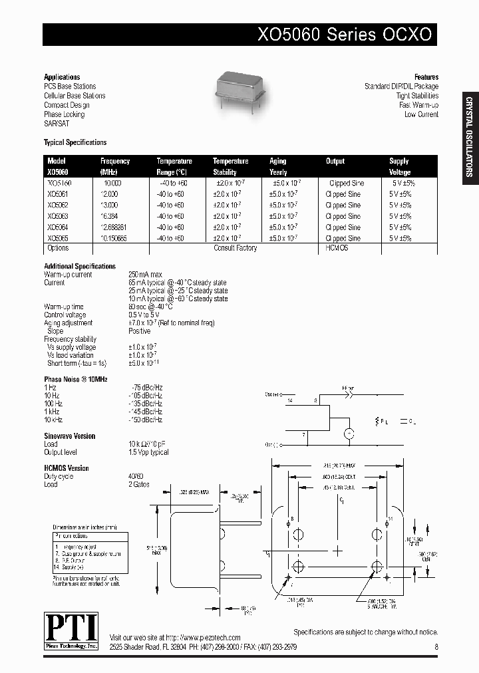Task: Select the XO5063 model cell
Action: pos(58,216)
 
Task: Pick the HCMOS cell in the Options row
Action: pos(337,248)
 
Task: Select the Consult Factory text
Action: pos(235,248)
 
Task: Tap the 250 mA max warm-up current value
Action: pos(146,275)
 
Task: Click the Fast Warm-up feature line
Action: pos(418,105)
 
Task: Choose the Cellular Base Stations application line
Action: pos(75,96)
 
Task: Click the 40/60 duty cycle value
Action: pos(136,476)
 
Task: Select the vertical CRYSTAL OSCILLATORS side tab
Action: pos(468,136)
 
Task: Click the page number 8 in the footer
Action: pos(436,646)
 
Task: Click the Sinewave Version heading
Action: pos(70,436)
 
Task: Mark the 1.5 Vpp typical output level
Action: pos(148,452)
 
